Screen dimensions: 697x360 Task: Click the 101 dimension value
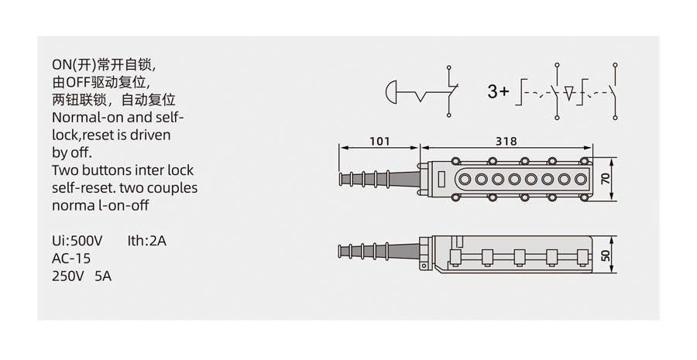[x=379, y=142]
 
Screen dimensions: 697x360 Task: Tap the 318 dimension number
[x=506, y=142]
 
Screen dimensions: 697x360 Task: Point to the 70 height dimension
[x=606, y=179]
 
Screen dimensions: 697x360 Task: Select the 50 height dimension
[x=606, y=255]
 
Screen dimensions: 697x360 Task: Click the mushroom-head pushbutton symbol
[x=391, y=92]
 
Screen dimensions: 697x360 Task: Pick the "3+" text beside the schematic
[x=498, y=91]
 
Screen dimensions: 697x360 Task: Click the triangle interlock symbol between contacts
[x=569, y=93]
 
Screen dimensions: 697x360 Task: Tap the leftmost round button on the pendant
[x=465, y=179]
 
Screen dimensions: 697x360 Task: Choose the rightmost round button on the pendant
[x=581, y=179]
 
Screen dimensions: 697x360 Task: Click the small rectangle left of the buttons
[x=442, y=179]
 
